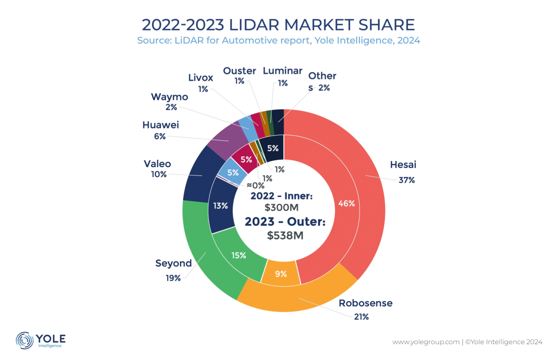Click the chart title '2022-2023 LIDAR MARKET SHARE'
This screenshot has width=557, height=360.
tap(278, 25)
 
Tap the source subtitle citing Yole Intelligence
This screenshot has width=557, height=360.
tap(278, 41)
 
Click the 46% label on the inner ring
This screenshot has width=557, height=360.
tap(346, 203)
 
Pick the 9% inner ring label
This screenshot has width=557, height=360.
tap(281, 274)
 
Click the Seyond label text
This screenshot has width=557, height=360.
tap(173, 264)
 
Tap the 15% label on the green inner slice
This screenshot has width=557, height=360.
tap(239, 255)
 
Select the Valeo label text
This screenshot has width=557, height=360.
tap(157, 164)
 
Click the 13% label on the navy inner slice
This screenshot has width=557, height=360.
tap(221, 206)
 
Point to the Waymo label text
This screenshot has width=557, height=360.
tap(169, 97)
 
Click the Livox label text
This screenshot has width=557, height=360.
tap(201, 78)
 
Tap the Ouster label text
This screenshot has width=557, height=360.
tap(240, 71)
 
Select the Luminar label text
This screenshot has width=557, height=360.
tap(283, 71)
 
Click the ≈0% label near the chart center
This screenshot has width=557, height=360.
tap(255, 185)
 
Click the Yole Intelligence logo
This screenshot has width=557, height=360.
tap(41, 340)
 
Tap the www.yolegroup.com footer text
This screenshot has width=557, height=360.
tap(425, 341)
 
